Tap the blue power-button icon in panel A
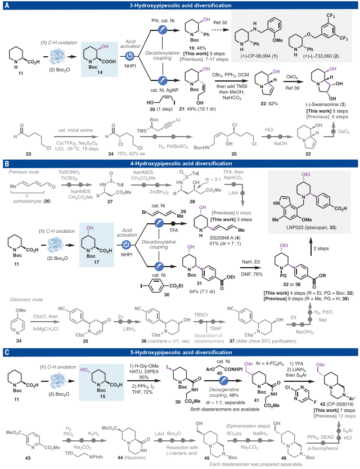click(x=129, y=57)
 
